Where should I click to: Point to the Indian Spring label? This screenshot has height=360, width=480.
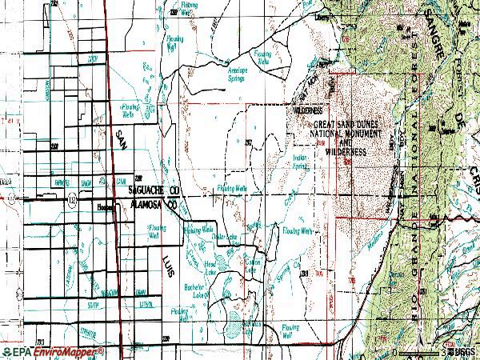(300, 162)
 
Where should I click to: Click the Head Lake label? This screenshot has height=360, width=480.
(211, 265)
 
